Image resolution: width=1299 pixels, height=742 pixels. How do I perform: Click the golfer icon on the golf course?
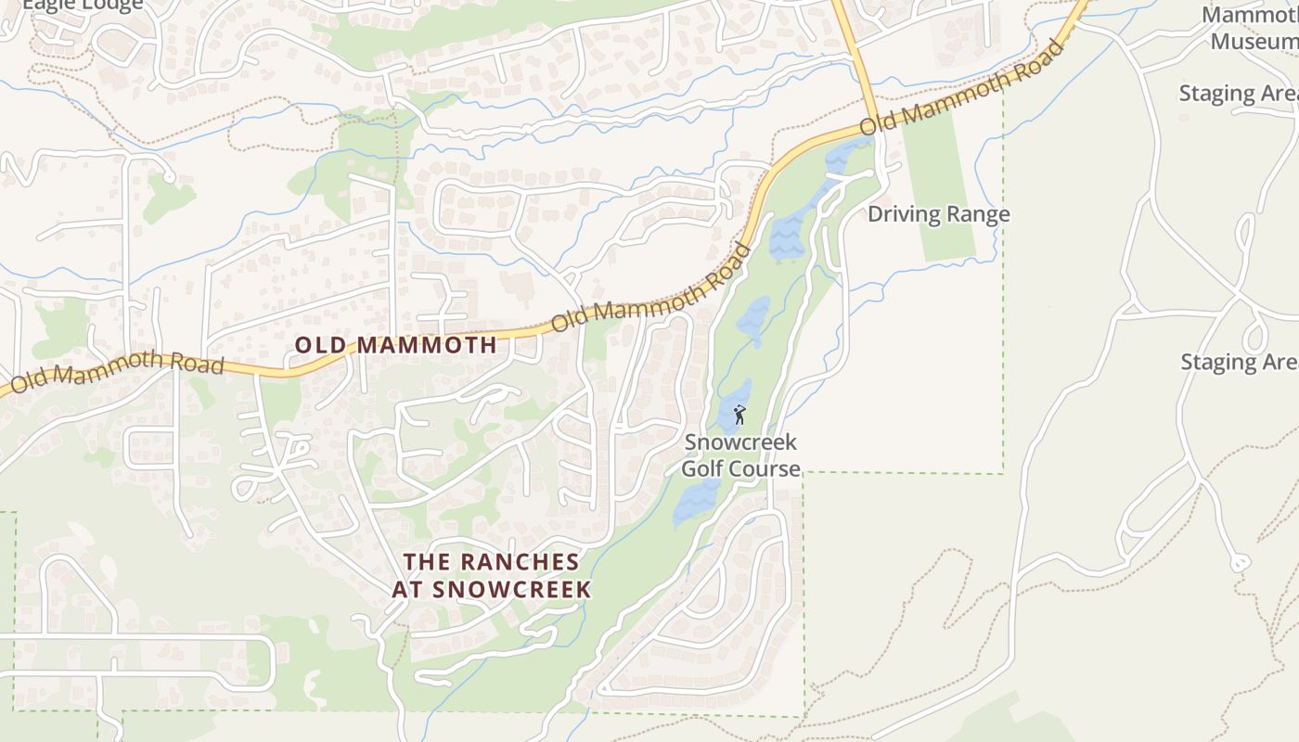[x=740, y=415]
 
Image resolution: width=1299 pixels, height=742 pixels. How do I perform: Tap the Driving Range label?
[x=938, y=214]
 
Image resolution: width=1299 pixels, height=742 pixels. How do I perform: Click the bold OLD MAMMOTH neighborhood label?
[x=396, y=345]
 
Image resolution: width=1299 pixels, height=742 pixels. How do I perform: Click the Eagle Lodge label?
[x=84, y=5]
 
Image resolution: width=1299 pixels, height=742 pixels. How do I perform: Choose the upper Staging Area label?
[x=1238, y=94]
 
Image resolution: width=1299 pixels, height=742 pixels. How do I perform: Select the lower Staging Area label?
[x=1238, y=362]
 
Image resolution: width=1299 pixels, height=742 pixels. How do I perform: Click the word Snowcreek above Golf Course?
[x=740, y=442]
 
